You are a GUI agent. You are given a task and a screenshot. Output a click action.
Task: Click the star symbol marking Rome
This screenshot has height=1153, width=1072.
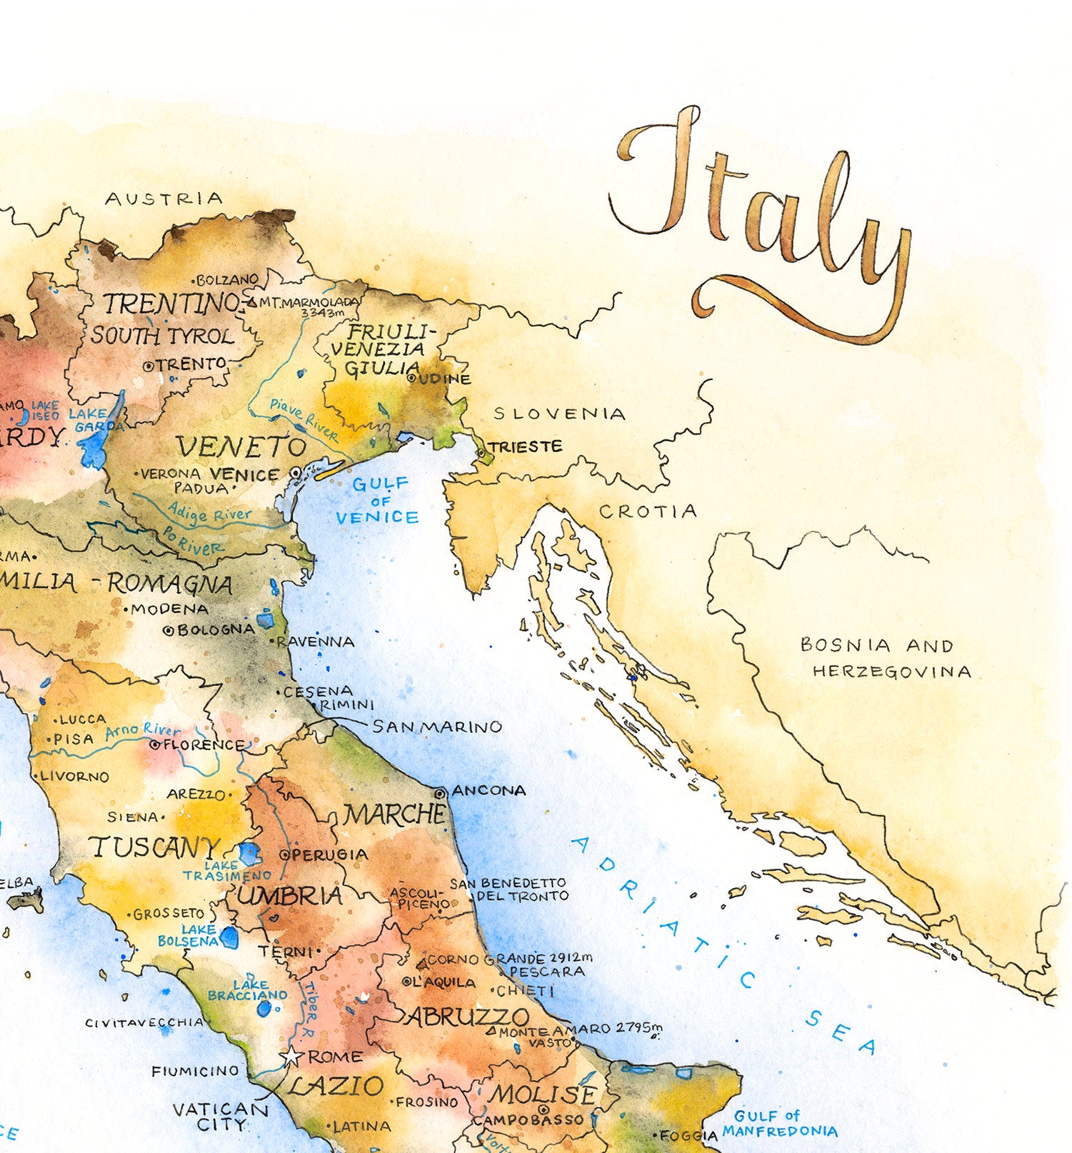[x=291, y=1057]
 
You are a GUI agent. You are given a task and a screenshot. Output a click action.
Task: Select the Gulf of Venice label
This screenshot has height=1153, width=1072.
[x=378, y=501]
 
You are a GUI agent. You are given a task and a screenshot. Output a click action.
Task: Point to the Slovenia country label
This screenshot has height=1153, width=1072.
[x=559, y=414]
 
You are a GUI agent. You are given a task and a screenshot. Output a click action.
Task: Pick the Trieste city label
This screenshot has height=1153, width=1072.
[x=526, y=447]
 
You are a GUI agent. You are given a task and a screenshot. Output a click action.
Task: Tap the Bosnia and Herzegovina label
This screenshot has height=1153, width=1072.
[x=886, y=658]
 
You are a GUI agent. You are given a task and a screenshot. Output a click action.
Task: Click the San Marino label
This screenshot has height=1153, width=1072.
[x=437, y=727]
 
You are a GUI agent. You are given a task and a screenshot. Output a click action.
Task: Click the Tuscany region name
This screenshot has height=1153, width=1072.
[x=154, y=848]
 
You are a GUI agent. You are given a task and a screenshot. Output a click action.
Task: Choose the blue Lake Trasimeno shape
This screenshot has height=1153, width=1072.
[x=249, y=853]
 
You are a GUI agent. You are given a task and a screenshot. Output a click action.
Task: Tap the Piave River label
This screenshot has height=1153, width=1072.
[x=304, y=419]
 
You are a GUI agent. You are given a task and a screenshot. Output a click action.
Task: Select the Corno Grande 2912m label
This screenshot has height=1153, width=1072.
[x=509, y=959]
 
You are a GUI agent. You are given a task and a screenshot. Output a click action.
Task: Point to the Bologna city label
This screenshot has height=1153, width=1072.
[x=215, y=630]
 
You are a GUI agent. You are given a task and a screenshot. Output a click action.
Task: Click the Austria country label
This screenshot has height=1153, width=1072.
[x=164, y=199]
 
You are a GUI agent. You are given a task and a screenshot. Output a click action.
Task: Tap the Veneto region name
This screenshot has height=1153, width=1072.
[x=241, y=447]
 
